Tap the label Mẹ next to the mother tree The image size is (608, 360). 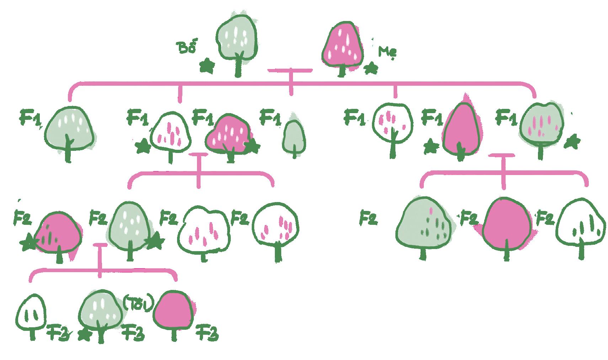pyautogui.click(x=387, y=52)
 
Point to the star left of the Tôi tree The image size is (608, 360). pyautogui.click(x=84, y=335)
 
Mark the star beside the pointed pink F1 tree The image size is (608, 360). pyautogui.click(x=431, y=146)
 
